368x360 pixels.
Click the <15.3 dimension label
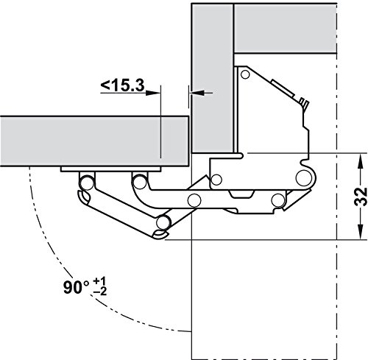123,86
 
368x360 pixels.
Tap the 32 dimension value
361,197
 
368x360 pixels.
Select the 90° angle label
76,287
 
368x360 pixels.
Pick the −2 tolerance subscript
100,292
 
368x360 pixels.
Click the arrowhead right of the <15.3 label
153,93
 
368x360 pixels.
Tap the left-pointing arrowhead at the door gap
198,93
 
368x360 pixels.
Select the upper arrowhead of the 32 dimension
360,161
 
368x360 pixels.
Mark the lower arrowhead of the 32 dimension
360,231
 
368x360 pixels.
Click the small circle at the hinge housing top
245,74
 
